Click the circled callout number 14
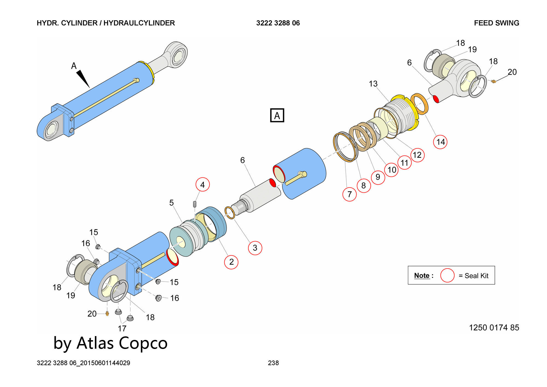click(x=440, y=142)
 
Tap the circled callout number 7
click(x=350, y=194)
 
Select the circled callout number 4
click(x=203, y=185)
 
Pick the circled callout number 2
click(x=231, y=262)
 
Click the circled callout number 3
click(x=255, y=248)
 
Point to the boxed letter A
click(x=277, y=115)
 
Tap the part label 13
click(x=373, y=84)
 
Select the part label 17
click(x=122, y=328)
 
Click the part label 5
click(x=171, y=203)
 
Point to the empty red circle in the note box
click(x=447, y=275)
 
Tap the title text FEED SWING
click(x=496, y=23)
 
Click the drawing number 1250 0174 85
click(x=494, y=328)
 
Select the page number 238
click(x=273, y=363)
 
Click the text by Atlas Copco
click(x=110, y=343)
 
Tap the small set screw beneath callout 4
click(x=195, y=204)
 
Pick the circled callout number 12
click(x=417, y=155)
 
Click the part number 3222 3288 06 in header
click(x=278, y=23)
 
